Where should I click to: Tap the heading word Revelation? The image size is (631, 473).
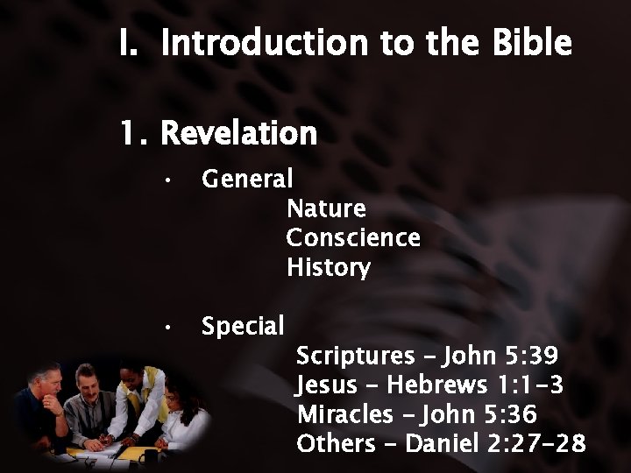click(239, 133)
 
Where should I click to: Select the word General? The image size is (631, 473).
click(247, 180)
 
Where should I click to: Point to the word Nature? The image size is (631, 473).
click(326, 209)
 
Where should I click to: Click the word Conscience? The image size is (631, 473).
click(353, 238)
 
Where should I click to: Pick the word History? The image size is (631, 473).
click(329, 267)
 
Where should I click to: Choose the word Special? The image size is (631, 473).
click(243, 327)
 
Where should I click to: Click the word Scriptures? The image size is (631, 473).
click(355, 357)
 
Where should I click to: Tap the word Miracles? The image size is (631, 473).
click(350, 413)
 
